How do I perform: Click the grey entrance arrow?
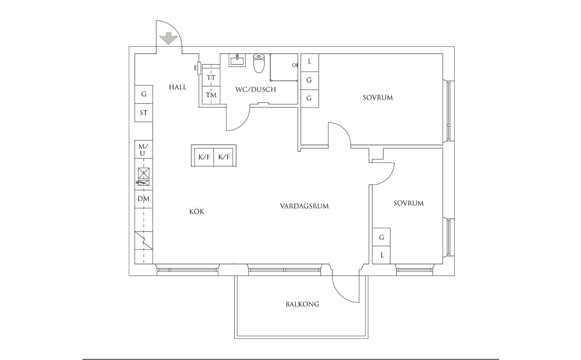pos(169,38)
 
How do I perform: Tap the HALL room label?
pos(178,87)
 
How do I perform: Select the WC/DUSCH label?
pos(255,90)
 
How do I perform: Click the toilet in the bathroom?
pos(258,63)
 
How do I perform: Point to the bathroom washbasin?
pos(237,60)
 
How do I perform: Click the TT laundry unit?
pos(211,77)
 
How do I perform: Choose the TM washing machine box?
pos(211,95)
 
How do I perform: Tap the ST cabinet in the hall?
pos(144,113)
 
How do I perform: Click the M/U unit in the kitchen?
pos(144,149)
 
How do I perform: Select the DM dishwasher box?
pos(144,199)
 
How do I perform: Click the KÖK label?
pos(197,211)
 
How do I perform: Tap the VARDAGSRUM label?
pos(304,206)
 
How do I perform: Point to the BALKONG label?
pos(303,304)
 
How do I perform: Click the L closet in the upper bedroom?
pos(310,63)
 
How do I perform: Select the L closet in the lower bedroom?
pos(381,255)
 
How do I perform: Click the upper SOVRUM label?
pos(378,98)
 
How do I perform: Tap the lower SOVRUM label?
pos(409,203)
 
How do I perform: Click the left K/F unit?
pos(204,157)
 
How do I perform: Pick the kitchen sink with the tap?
pos(143,183)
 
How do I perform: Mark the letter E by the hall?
pos(195,68)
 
